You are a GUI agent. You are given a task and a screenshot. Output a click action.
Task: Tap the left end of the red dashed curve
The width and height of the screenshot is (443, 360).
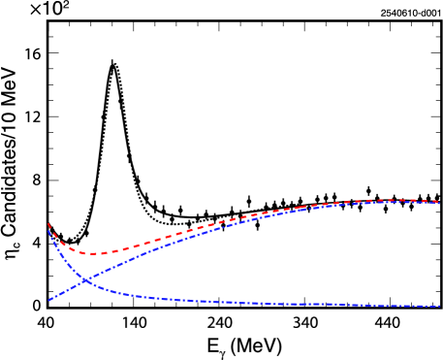(x=48, y=224)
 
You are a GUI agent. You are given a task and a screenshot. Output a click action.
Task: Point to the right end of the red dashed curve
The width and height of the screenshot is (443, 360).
(x=439, y=202)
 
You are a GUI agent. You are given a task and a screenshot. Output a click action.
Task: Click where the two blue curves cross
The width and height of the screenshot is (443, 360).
(x=86, y=280)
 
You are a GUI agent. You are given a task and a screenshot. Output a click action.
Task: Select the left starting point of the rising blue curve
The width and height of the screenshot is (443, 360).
(x=49, y=300)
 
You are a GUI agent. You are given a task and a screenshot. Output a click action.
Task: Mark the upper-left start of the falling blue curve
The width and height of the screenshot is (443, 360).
(x=48, y=231)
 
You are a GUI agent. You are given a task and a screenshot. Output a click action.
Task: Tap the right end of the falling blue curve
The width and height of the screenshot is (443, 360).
(x=439, y=307)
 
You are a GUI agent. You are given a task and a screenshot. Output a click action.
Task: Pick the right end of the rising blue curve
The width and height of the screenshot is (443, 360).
(x=439, y=204)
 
